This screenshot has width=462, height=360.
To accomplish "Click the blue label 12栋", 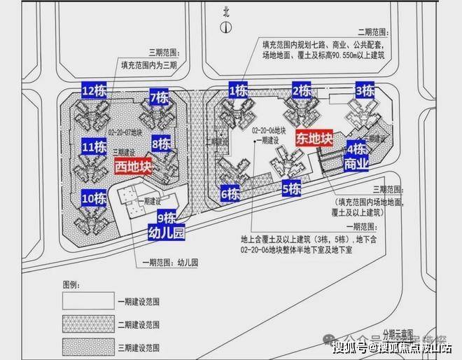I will pyautogui.click(x=94, y=90).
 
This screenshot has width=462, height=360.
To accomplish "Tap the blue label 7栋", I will pyautogui.click(x=159, y=97).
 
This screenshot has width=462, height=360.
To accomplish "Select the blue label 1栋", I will pyautogui.click(x=238, y=90).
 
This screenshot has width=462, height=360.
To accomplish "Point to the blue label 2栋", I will pyautogui.click(x=302, y=90).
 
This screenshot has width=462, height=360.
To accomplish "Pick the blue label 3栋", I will pyautogui.click(x=365, y=90).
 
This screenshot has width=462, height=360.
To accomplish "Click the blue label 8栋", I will pyautogui.click(x=161, y=144).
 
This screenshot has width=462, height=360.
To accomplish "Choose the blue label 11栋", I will pyautogui.click(x=94, y=148).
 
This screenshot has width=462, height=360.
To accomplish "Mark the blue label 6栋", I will pyautogui.click(x=232, y=193).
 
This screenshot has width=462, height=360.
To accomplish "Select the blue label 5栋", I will pyautogui.click(x=291, y=188).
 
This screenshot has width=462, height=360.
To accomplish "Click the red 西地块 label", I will pyautogui.click(x=133, y=167).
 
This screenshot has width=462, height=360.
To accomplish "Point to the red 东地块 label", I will pyautogui.click(x=314, y=138).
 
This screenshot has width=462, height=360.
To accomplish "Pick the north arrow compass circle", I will pyautogui.click(x=225, y=27).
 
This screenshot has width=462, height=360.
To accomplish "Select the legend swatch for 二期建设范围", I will pyautogui.click(x=89, y=325).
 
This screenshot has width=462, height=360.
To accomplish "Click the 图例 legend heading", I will pyautogui.click(x=72, y=286).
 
